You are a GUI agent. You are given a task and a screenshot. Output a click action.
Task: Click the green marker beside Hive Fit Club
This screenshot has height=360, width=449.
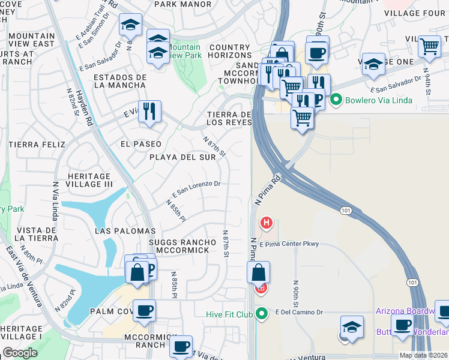pos(261,313)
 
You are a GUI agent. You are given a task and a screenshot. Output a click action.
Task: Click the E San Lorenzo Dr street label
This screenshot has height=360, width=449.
pos(197,190)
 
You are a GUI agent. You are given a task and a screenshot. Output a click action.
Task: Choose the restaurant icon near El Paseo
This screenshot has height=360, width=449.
pos(149,111)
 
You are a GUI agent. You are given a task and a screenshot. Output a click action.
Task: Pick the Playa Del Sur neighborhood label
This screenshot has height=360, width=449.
pos(182,157)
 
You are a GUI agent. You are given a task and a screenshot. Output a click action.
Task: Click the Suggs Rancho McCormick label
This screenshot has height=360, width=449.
pos(179,246)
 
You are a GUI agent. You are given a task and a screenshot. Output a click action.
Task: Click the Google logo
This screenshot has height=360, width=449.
pos(20,353)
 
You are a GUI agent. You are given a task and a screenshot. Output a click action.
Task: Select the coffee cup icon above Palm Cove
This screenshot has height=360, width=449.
pos(144,310)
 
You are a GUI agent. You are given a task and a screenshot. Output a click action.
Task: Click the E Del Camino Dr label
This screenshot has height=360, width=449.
pos(300,312)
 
